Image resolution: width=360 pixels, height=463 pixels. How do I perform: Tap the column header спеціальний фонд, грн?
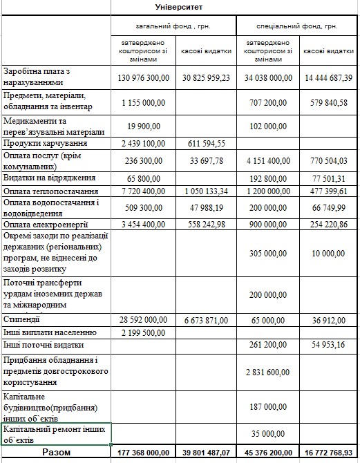297,26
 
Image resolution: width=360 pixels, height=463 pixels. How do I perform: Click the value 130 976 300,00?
143,78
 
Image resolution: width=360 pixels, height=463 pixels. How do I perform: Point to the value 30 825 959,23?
205,78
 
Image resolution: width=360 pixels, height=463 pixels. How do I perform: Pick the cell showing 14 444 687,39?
328,78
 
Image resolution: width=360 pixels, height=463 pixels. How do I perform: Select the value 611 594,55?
205,144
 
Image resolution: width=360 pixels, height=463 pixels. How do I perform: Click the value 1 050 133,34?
205,191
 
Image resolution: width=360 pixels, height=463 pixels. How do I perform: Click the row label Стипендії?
21,320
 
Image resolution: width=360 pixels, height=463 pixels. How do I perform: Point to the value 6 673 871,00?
205,321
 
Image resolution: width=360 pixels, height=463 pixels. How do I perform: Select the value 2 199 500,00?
143,332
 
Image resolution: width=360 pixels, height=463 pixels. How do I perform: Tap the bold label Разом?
56,452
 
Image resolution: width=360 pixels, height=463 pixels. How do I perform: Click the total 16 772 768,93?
328,453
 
